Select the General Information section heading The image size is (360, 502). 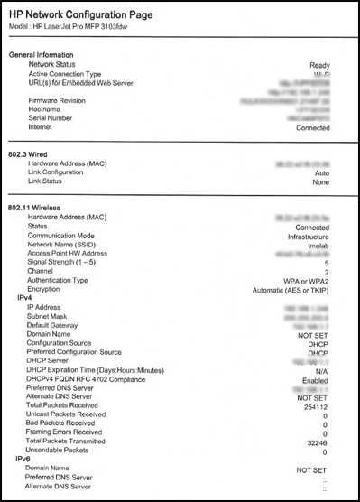45,56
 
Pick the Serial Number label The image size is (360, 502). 56,118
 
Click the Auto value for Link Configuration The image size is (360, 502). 321,171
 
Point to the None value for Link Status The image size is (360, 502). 319,181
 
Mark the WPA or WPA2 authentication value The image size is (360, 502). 303,281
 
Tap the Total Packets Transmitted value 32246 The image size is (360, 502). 316,443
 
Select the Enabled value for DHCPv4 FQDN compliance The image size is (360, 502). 313,380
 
